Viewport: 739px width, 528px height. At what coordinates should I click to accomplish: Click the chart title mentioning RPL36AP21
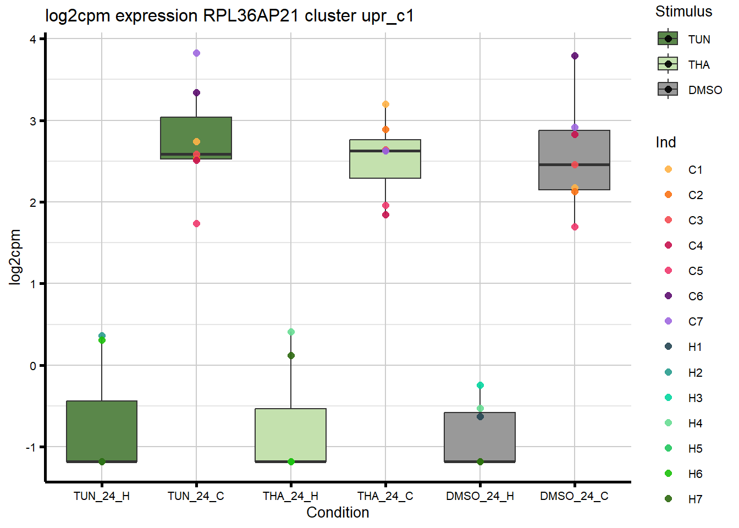tap(229, 16)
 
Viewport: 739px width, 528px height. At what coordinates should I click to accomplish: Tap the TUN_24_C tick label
tap(196, 496)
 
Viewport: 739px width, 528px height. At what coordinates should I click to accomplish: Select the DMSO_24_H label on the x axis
tap(479, 496)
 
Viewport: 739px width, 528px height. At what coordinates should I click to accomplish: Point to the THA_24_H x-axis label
tap(290, 496)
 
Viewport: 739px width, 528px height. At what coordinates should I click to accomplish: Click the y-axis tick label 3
tap(34, 121)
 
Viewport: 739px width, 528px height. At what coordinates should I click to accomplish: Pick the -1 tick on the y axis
tap(31, 448)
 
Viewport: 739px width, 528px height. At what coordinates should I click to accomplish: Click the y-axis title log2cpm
tap(15, 257)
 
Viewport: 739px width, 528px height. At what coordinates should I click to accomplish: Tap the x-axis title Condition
tap(338, 513)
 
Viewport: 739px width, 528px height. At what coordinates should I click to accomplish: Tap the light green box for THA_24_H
tap(290, 435)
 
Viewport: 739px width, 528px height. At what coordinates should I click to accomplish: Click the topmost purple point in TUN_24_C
tap(196, 53)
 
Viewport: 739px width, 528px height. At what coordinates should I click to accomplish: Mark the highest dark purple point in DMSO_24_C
tap(575, 56)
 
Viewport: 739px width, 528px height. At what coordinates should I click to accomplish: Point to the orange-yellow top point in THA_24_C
tap(385, 105)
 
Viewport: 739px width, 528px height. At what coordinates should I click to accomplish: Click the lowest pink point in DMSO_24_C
tap(575, 227)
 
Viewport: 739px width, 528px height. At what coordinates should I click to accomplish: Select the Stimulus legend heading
tap(683, 12)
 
